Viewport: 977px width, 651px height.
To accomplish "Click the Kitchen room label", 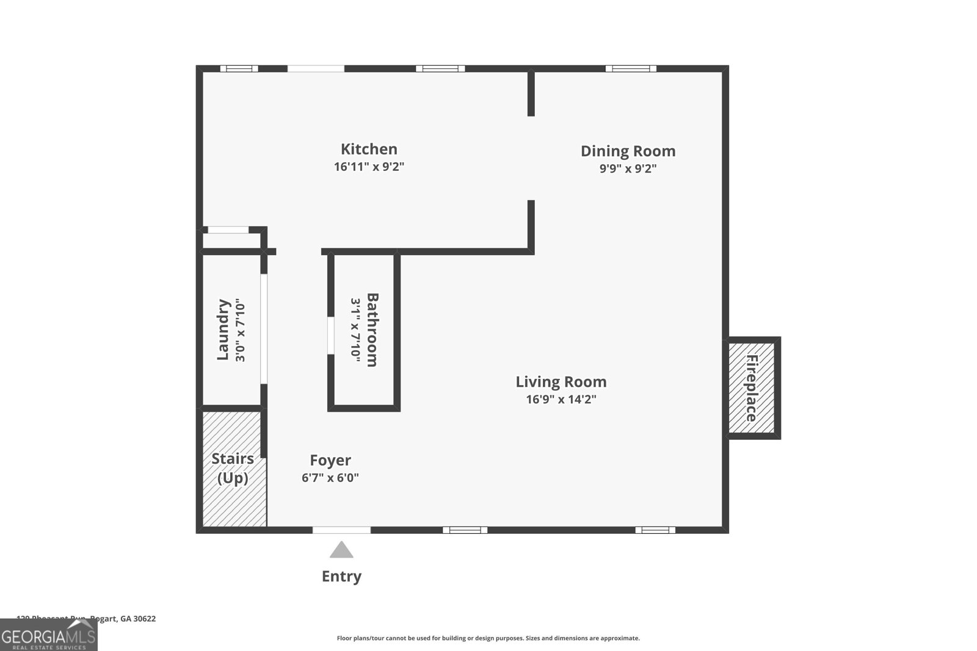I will point(369,149).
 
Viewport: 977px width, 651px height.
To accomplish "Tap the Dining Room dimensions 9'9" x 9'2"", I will point(628,168).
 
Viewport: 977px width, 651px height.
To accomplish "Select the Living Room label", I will point(561,382).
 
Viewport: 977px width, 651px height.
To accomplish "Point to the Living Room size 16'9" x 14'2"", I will point(561,400).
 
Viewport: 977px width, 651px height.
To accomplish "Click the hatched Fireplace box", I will point(752,388).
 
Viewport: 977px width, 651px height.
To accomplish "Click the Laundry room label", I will point(223,329).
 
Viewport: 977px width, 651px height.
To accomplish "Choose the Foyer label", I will point(330,460).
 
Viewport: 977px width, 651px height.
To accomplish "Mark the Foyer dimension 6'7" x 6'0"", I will point(330,478).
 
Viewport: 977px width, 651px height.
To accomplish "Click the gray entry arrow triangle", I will point(341,550).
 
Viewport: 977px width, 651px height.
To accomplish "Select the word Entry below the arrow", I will point(341,576).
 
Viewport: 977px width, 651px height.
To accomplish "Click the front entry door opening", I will point(341,530).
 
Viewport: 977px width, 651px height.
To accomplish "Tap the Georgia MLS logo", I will point(48,635).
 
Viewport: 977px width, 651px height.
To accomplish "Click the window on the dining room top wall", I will point(631,68).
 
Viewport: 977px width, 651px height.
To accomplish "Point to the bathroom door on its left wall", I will point(330,335).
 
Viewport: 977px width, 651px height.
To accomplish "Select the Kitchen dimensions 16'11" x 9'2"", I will point(369,167).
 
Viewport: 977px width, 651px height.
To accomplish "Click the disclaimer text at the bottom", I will point(488,638).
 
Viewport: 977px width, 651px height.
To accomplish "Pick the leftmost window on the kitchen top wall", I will point(239,68).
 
